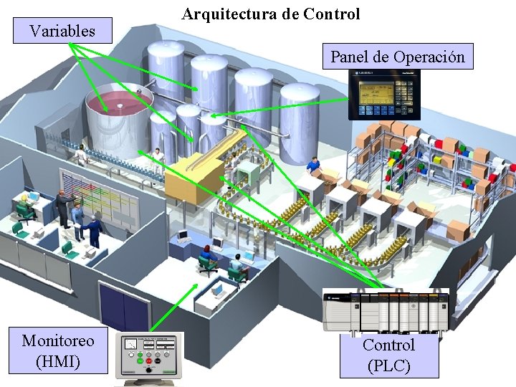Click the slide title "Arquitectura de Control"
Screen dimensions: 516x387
271,14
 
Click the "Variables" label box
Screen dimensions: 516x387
62,31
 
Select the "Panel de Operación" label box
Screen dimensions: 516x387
397,57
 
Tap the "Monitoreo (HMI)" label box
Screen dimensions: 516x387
58,350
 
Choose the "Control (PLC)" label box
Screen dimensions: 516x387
388,355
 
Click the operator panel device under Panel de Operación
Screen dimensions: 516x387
383,94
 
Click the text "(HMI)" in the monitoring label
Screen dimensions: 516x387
58,360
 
